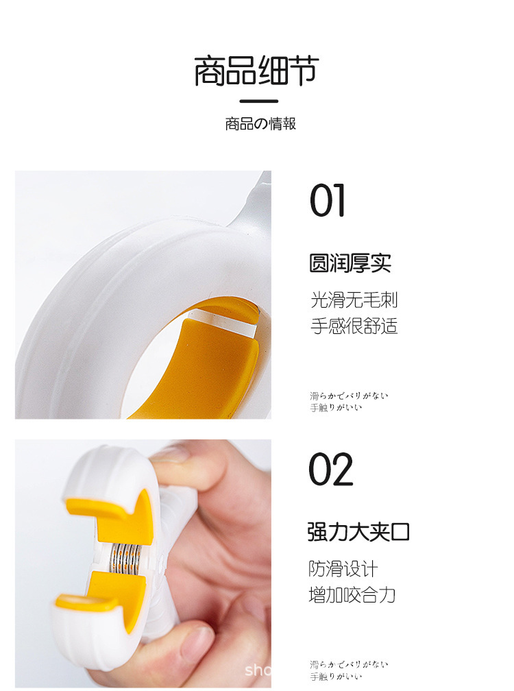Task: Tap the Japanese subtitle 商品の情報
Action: (x=260, y=124)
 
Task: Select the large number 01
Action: (x=328, y=200)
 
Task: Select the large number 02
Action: (x=330, y=470)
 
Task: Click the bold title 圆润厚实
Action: (x=350, y=263)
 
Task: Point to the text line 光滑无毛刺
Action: (x=354, y=300)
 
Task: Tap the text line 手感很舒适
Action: (x=354, y=325)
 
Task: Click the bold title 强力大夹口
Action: (x=358, y=532)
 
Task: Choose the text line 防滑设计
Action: (x=343, y=568)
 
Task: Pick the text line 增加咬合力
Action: (x=352, y=594)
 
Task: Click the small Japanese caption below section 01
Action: (x=348, y=402)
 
